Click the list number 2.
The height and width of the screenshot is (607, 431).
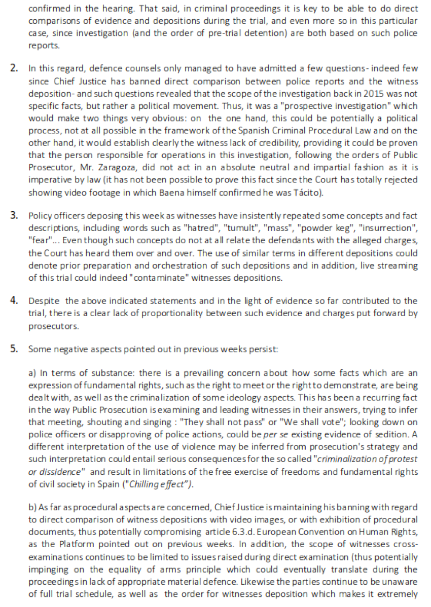(15, 68)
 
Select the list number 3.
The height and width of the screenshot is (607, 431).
(15, 229)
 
